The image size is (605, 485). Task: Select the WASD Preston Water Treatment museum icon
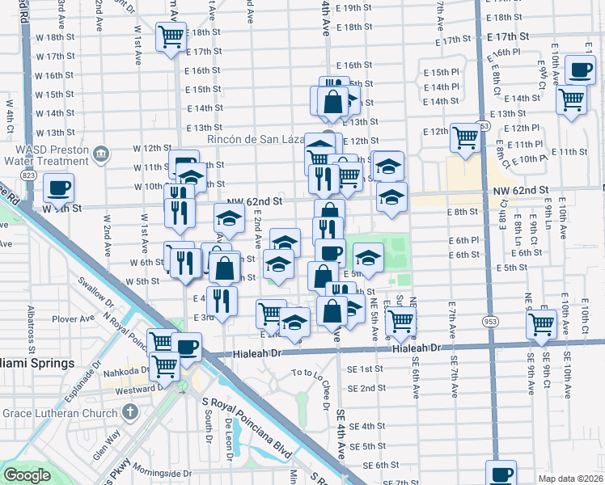101,154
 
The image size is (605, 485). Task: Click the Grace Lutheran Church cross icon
129,412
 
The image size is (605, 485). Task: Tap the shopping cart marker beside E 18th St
171,36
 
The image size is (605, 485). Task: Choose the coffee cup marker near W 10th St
58,189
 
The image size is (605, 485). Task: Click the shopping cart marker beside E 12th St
466,137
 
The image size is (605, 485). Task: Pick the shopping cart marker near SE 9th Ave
541,324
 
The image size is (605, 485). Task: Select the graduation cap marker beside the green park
369,258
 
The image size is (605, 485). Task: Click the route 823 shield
29,175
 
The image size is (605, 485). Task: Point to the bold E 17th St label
507,37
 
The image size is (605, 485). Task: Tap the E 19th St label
363,7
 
